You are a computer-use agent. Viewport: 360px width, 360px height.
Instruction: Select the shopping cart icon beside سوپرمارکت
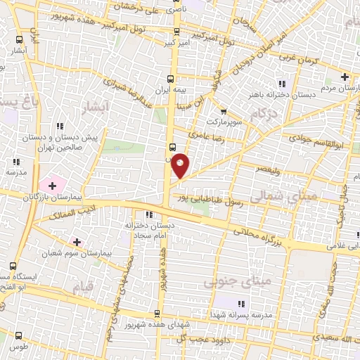click(224, 110)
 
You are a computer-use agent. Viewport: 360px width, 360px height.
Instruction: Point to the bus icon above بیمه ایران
click(170, 79)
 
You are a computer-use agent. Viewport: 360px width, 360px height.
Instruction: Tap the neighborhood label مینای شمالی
click(287, 199)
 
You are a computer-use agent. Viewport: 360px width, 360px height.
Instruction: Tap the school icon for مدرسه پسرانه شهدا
click(240, 304)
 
